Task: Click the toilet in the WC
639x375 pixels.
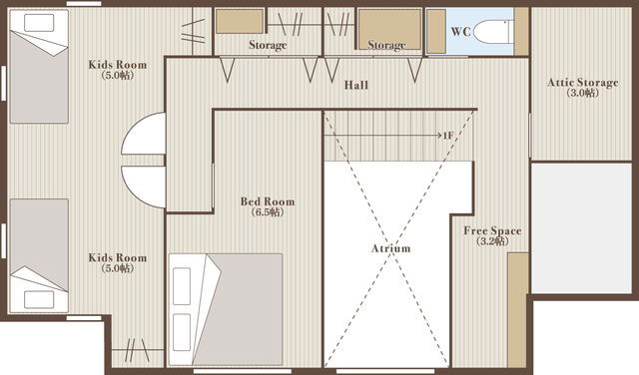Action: [x=492, y=31]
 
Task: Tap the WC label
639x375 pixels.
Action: [x=460, y=31]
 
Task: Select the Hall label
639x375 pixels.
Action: [x=356, y=85]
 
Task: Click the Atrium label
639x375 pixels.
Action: [x=390, y=248]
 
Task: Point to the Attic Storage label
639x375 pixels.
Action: [x=583, y=83]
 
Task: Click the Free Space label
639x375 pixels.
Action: [x=492, y=230]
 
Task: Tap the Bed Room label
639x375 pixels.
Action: [x=268, y=201]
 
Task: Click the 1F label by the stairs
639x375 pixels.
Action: [x=448, y=136]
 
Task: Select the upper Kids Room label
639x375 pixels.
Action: [x=118, y=65]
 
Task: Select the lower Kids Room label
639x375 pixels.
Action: [x=118, y=257]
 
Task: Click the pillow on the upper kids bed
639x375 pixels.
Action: [x=39, y=23]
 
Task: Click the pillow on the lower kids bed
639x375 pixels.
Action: [x=39, y=299]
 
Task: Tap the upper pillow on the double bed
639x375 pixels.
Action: [x=182, y=286]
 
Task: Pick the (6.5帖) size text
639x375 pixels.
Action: [x=268, y=212]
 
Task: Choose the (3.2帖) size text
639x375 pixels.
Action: [x=492, y=241]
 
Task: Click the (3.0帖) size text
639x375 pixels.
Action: [x=583, y=93]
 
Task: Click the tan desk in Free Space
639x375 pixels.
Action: [x=518, y=310]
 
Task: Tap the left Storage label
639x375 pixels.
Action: [x=268, y=45]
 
